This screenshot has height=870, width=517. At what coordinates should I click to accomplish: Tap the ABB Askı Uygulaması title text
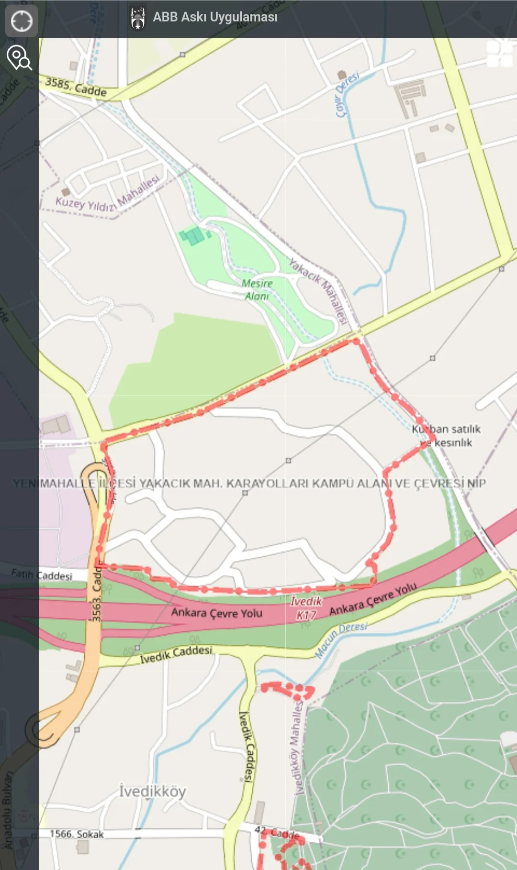(215, 17)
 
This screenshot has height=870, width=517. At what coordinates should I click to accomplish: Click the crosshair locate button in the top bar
(22, 21)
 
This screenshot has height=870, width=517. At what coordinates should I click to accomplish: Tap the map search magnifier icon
(19, 58)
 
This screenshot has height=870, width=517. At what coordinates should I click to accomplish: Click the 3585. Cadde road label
(76, 87)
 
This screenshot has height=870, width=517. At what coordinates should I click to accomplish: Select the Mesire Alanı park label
(257, 290)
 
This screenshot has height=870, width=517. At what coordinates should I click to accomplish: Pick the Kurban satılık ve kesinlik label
(446, 436)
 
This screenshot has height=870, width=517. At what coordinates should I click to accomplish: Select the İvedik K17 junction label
(306, 608)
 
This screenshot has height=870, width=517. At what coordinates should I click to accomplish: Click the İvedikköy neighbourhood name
(152, 792)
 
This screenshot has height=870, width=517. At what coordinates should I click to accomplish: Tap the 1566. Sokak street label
(77, 834)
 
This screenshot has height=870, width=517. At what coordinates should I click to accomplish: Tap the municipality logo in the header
(138, 19)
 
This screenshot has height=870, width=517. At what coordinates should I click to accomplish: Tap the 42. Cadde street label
(277, 833)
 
